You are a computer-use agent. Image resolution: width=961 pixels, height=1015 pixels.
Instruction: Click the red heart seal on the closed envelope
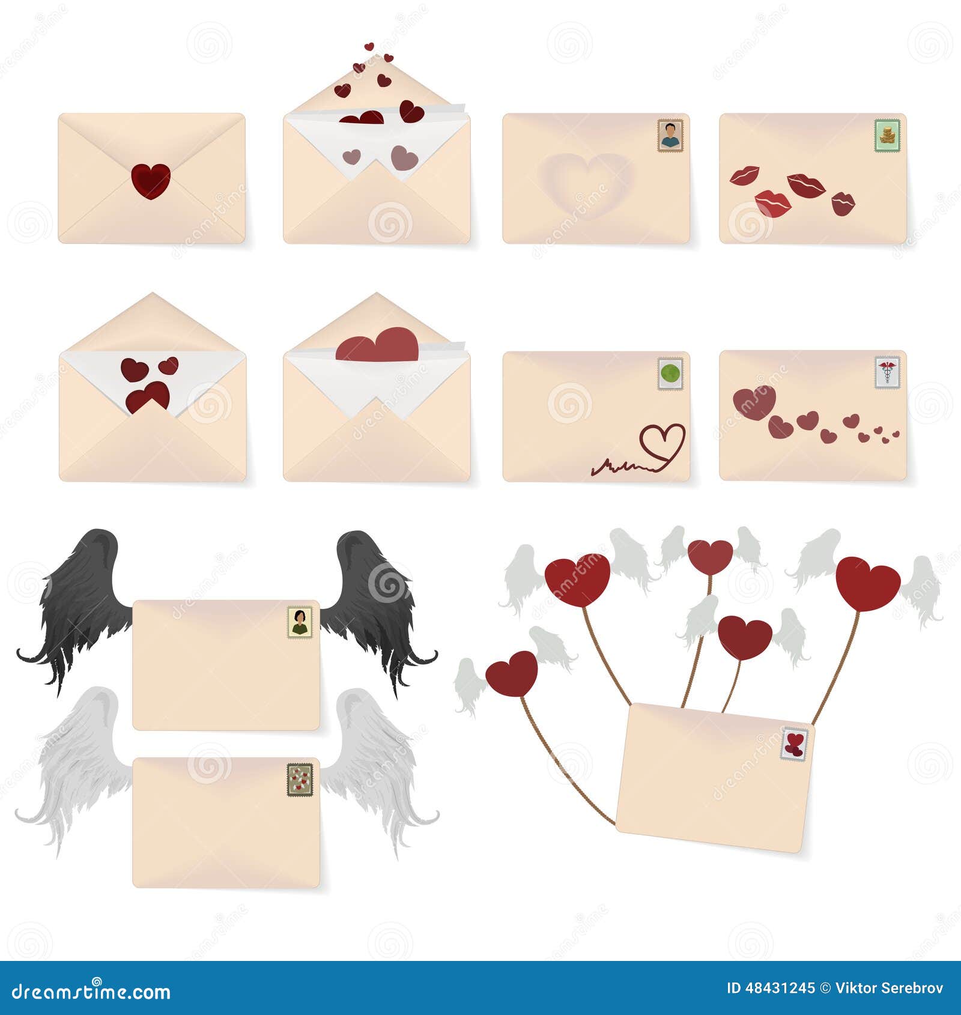click(x=151, y=181)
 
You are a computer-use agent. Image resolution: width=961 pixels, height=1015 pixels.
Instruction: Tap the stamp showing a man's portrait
click(x=670, y=135)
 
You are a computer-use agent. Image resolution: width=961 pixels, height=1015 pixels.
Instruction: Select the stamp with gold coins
click(x=887, y=135)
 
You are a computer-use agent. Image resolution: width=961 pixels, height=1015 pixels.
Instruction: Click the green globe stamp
click(x=670, y=374)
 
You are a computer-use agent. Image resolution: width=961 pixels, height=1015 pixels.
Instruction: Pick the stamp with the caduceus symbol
click(x=887, y=372)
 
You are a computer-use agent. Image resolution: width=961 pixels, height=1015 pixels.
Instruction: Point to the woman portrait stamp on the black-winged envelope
click(x=300, y=622)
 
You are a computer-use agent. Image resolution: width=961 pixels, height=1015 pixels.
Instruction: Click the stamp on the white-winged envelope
click(x=300, y=780)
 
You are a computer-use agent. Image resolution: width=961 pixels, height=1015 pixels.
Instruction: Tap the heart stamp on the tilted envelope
click(x=794, y=744)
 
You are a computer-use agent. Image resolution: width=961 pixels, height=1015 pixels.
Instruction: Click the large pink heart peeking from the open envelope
click(x=378, y=346)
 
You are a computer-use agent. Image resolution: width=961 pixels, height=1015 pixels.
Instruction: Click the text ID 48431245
click(x=770, y=988)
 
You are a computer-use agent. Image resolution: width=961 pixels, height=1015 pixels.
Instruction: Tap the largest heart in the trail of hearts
click(x=754, y=402)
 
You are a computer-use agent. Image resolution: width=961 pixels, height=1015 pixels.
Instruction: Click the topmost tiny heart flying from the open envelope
click(x=369, y=47)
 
